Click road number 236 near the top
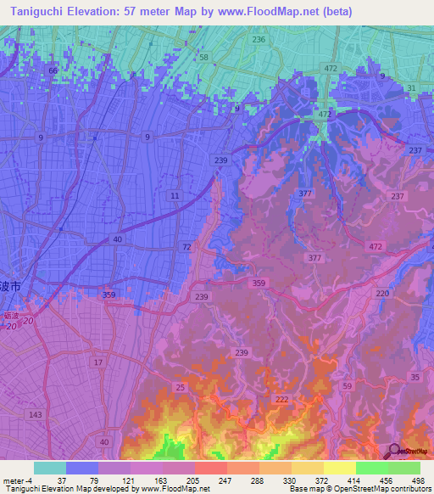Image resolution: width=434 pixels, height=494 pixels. pos(259,40)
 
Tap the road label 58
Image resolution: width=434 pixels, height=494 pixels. pos(203,57)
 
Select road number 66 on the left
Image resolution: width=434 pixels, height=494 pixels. pos(53,70)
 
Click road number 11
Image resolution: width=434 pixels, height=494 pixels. pos(175,196)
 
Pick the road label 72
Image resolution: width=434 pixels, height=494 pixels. pos(186,245)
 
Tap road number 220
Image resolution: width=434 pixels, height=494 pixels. pos(382,293)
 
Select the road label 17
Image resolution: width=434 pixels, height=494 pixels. pos(99,362)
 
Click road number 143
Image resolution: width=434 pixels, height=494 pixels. pos(36,414)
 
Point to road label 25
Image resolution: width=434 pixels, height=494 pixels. pos(181,387)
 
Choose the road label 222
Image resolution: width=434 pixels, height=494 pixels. pos(282,398)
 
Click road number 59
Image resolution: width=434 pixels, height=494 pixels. pos(347,386)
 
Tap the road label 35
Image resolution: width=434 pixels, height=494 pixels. pos(414,376)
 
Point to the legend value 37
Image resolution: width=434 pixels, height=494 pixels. pos(61,480)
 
